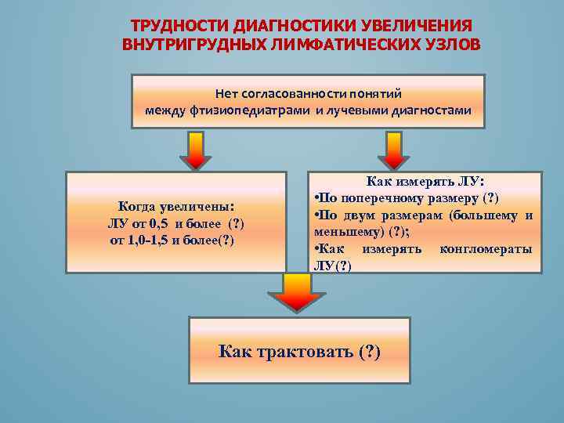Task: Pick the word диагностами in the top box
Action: [x=433, y=110]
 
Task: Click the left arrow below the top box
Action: [x=196, y=149]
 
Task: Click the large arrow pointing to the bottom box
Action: [x=296, y=292]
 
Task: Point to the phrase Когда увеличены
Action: [x=175, y=208]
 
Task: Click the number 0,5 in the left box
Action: [x=161, y=224]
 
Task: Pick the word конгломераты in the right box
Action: [x=486, y=249]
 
